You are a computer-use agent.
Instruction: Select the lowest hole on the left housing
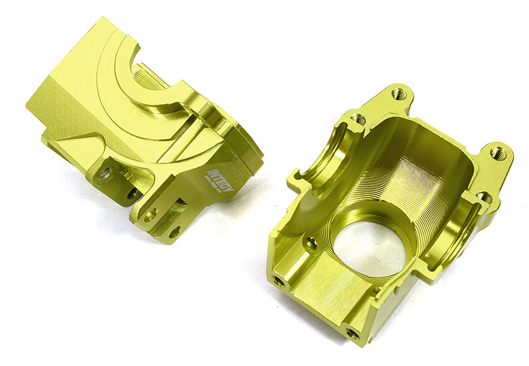[174, 232]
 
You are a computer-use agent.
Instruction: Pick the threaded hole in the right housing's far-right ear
[500, 154]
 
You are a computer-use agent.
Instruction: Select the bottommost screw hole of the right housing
[354, 334]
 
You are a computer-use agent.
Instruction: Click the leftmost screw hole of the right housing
[280, 281]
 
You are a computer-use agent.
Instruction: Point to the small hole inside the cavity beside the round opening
[310, 244]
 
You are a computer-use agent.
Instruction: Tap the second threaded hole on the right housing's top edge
[358, 120]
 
